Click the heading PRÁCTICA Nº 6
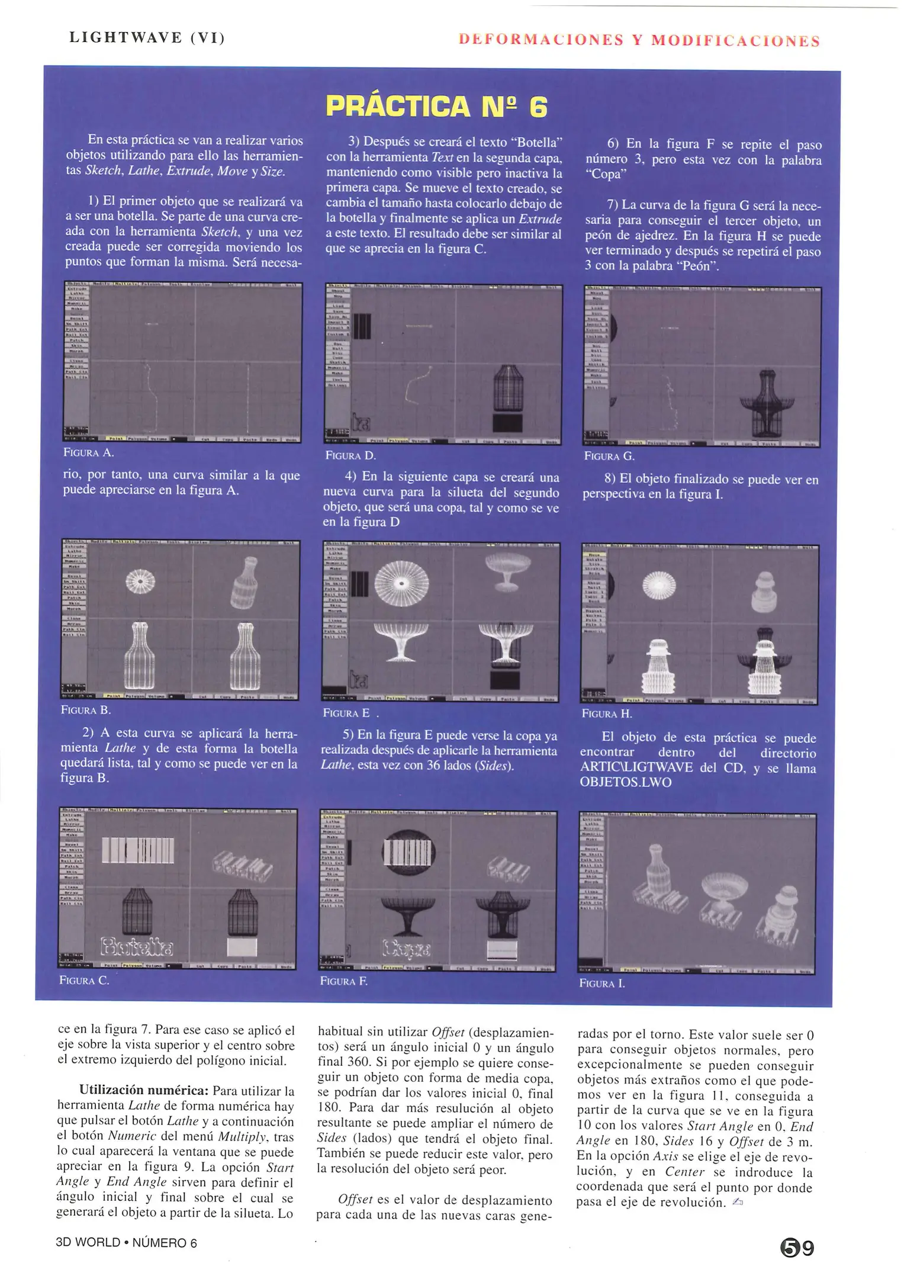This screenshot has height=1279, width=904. (436, 106)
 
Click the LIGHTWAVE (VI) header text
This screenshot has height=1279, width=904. (147, 38)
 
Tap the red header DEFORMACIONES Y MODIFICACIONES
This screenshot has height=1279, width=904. (639, 40)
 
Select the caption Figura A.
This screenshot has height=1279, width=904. (88, 453)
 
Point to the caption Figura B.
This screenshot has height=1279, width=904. (86, 710)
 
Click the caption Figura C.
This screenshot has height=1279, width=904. (84, 981)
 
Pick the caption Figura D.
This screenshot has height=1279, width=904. (350, 455)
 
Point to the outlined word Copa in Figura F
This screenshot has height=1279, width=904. (407, 949)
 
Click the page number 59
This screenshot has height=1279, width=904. (797, 1248)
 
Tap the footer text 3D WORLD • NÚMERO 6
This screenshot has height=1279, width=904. (126, 1242)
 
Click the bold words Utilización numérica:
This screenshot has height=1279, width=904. (144, 1091)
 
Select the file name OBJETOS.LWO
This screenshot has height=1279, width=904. (625, 782)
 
